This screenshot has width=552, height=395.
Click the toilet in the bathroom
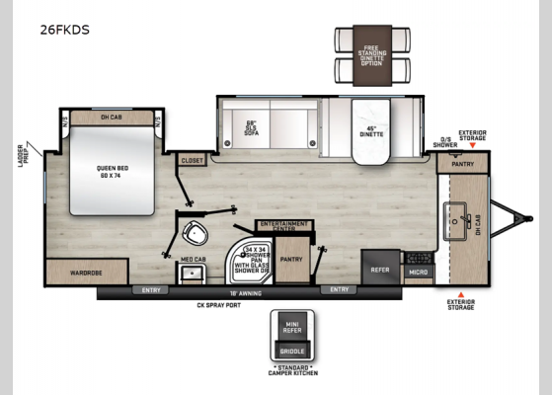(194, 236)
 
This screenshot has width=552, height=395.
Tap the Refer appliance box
(379, 269)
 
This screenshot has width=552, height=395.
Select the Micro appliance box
(418, 271)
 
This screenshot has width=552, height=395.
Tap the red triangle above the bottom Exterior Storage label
(459, 294)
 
